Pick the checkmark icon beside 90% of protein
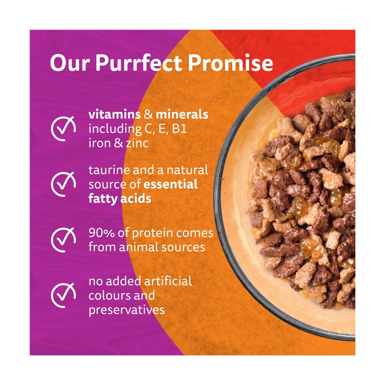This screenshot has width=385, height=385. coord(64,239)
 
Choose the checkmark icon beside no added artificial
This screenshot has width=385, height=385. coord(64,295)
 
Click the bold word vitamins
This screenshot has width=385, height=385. coord(114,114)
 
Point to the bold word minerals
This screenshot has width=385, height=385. coord(182,114)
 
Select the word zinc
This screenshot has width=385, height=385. coord(138,143)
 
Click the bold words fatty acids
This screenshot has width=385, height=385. coord(120,199)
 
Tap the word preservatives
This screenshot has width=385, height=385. coord(126,310)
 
